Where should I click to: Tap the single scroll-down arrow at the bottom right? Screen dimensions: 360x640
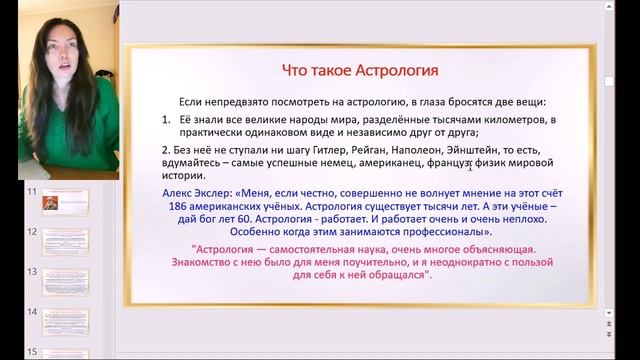click(x=610, y=314)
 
